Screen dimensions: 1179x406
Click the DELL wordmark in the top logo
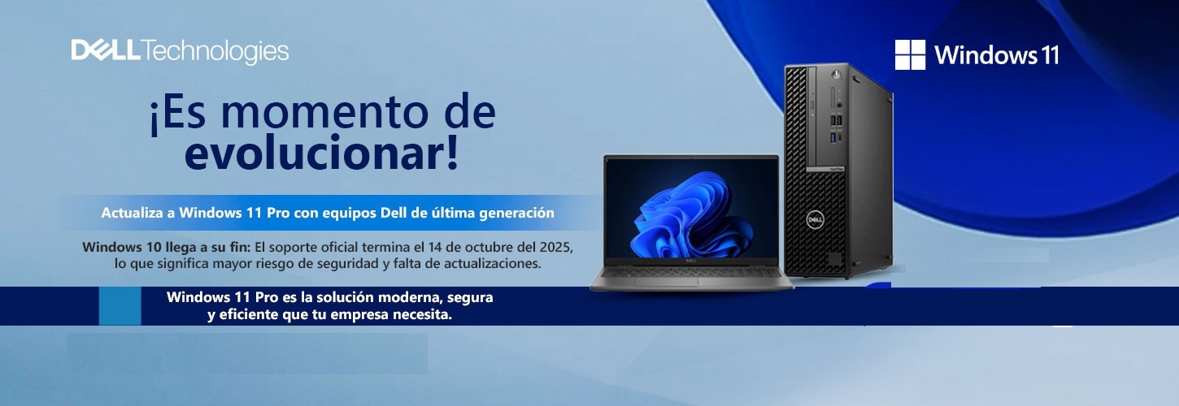tap(106, 50)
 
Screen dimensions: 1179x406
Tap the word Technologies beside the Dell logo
tap(215, 52)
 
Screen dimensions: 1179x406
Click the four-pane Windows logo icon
tap(910, 54)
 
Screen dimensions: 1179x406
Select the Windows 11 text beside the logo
tap(996, 54)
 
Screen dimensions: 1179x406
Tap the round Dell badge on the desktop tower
tap(816, 218)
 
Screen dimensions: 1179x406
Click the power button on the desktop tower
tap(836, 75)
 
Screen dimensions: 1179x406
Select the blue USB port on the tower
tap(833, 137)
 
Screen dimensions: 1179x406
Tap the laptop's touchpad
tap(667, 282)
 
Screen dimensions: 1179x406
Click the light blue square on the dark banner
tap(120, 305)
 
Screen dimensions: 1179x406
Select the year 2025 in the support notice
tap(555, 247)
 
